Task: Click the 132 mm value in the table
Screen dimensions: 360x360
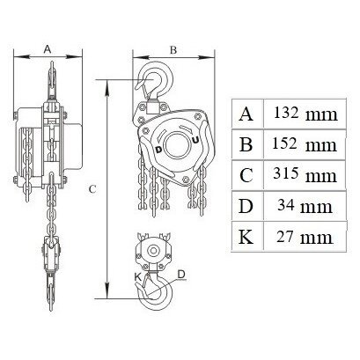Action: (x=305, y=114)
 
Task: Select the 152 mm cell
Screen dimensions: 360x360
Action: (x=305, y=144)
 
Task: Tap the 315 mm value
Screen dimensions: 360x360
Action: (x=305, y=174)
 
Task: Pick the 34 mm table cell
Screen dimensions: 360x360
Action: (x=305, y=205)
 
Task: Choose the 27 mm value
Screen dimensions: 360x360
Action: (x=305, y=237)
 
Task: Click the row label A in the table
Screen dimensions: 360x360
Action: (x=246, y=114)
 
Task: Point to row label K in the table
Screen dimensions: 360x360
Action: (x=246, y=237)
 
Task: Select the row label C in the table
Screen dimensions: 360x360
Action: (x=246, y=175)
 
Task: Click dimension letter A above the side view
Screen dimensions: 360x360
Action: (x=48, y=49)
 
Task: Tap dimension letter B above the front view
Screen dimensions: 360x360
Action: (x=173, y=50)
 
